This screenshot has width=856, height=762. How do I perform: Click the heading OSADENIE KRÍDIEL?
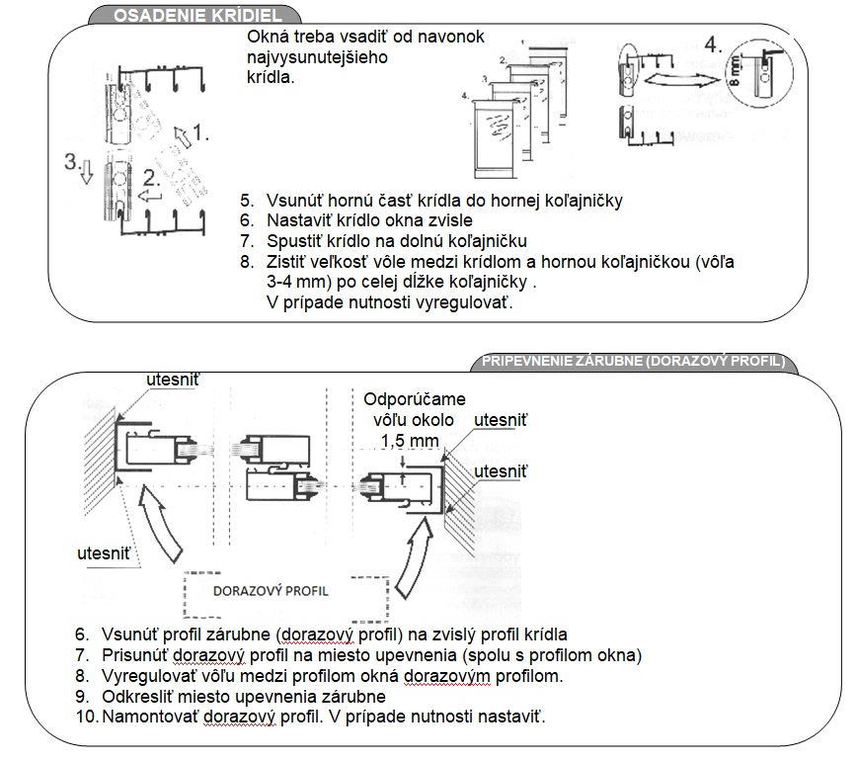pos(197,15)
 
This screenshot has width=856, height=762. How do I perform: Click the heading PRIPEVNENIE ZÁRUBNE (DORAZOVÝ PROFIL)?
pos(633,362)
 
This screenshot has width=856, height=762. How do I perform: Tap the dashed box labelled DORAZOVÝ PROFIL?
pos(286,597)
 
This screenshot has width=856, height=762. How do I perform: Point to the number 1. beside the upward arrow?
pos(200,132)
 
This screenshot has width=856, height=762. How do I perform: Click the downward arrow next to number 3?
pos(86,172)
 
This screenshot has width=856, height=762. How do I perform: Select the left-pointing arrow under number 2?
pos(150,196)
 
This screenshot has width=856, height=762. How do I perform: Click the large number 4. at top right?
pos(713,44)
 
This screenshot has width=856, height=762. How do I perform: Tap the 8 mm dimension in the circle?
pos(735,71)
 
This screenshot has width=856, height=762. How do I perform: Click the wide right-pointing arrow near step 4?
pos(682,80)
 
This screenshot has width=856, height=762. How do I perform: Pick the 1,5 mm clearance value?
pos(410,441)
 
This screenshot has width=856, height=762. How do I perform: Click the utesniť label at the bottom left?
pos(104,553)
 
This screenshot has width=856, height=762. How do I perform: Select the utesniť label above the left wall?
pos(173,380)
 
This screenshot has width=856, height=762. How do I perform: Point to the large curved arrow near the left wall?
pos(159,523)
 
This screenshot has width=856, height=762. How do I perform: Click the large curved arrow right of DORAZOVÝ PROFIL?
pos(415,556)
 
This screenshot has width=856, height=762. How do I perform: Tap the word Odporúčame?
pos(415,399)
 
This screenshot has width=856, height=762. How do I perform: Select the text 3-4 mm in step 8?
pos(298,282)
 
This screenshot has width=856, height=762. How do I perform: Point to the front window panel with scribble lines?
pos(496,139)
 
